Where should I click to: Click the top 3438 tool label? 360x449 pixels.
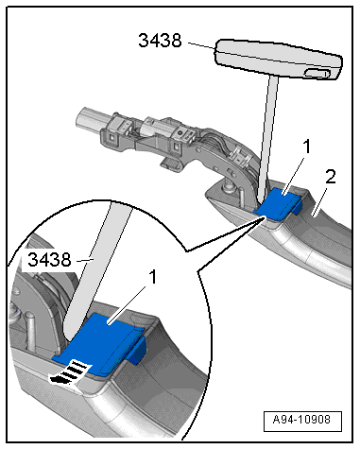[x=160, y=41]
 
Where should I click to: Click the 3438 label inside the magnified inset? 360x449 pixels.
[x=49, y=260]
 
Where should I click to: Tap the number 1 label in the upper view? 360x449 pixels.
[x=306, y=147]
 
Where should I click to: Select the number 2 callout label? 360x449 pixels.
[x=331, y=177]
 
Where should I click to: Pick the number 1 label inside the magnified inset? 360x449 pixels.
[x=152, y=277]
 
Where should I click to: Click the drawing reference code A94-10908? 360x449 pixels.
[x=301, y=420]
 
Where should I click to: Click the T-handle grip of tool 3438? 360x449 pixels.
[x=279, y=59]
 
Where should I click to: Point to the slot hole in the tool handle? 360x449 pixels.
[x=317, y=74]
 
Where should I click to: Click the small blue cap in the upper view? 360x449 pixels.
[x=278, y=203]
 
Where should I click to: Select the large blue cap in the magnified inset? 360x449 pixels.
[x=101, y=343]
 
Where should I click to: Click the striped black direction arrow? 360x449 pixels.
[x=70, y=372]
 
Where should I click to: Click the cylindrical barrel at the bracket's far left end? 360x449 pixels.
[x=89, y=118]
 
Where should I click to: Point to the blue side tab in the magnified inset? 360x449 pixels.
[x=138, y=350]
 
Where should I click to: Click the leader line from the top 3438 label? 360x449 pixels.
[x=202, y=45]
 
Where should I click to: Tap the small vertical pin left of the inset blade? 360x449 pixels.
[x=29, y=331]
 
